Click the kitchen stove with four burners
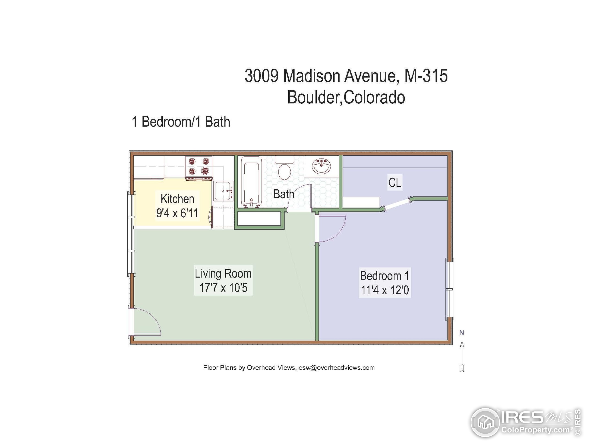click(199, 168)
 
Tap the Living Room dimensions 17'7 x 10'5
click(223, 288)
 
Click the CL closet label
click(395, 183)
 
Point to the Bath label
click(284, 194)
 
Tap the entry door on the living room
click(146, 323)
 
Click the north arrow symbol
click(462, 353)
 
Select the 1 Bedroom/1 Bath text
click(181, 122)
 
